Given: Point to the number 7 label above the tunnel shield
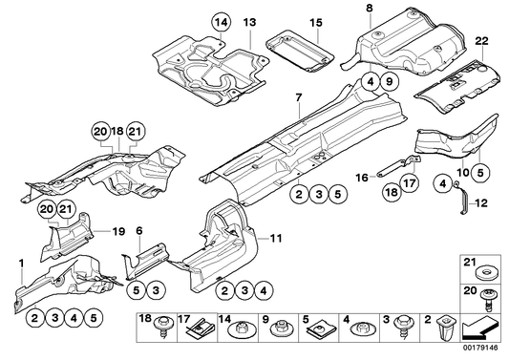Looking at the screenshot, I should [298, 97].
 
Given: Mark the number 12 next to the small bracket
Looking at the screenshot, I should [481, 203].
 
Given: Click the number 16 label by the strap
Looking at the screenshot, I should [363, 178].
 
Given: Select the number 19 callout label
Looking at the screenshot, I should [119, 229].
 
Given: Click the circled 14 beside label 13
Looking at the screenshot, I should [221, 21].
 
